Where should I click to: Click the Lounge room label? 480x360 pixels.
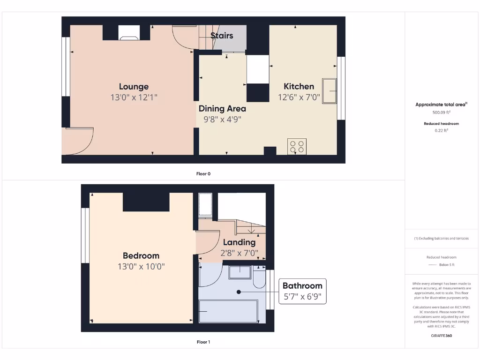click(134, 86)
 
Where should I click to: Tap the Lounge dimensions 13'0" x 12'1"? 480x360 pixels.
click(134, 97)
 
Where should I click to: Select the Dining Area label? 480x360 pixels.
click(222, 108)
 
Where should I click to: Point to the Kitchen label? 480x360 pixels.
click(299, 86)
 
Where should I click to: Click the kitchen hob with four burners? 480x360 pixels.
click(297, 146)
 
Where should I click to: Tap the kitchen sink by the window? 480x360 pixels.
click(329, 91)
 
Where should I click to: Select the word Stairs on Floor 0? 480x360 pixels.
click(222, 36)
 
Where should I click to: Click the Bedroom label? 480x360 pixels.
click(141, 255)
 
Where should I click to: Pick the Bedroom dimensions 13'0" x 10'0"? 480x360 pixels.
click(141, 267)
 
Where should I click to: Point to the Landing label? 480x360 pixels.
click(239, 242)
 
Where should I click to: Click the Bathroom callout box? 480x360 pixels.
click(302, 291)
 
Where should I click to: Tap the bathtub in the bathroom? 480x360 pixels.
click(228, 312)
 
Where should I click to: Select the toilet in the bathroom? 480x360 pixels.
click(259, 279)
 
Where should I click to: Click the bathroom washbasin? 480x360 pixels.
click(240, 272)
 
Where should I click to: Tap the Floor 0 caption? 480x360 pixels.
click(203, 174)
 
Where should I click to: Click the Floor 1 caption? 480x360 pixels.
click(203, 342)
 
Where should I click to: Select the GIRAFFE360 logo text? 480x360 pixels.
click(441, 336)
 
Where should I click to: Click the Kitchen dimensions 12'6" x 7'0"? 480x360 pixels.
click(299, 97)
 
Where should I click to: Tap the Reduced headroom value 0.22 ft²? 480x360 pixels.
click(441, 131)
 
